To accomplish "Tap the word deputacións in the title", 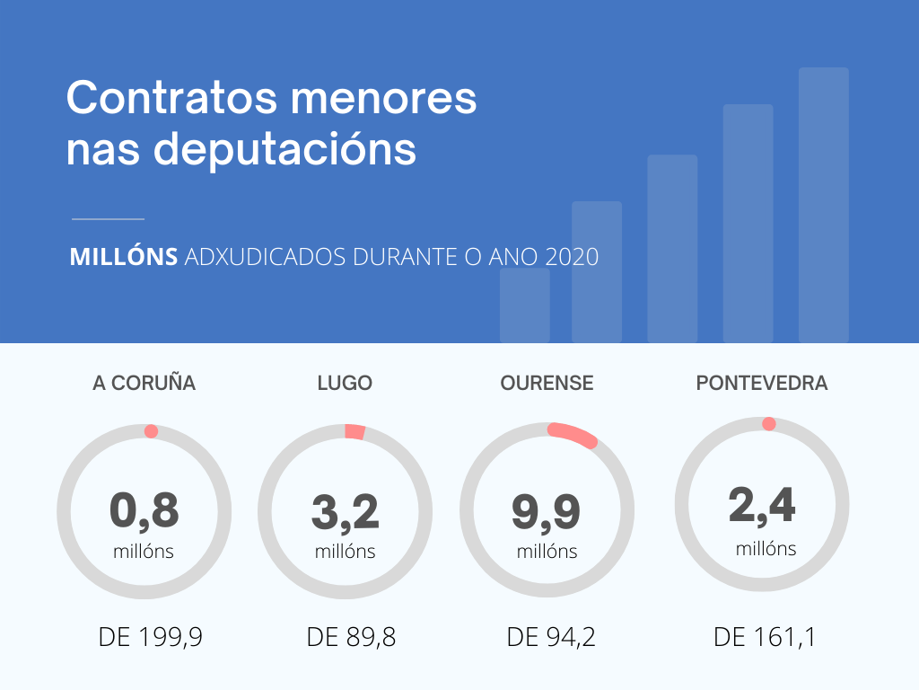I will (286, 149).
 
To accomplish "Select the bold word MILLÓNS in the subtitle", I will (124, 257).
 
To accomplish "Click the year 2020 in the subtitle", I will (572, 257).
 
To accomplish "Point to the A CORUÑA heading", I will (144, 383).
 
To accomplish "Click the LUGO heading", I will (345, 383).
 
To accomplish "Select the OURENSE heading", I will (547, 383).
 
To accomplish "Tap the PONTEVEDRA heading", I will (762, 383).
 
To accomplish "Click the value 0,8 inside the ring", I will (144, 511).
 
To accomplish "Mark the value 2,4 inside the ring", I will (762, 505).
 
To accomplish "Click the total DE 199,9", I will (151, 638).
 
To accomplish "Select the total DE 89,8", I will (351, 638).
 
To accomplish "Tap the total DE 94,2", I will (551, 638).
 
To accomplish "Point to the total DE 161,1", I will (765, 638).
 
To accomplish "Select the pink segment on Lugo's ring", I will (355, 432).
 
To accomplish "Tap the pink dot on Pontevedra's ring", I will (768, 424).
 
